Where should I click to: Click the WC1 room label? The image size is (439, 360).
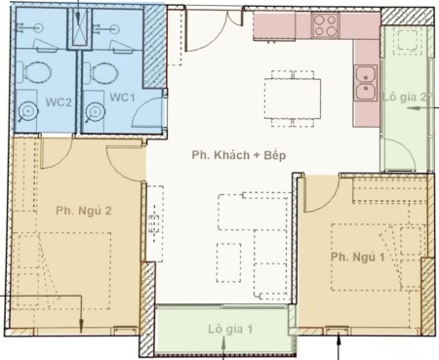point(122,97)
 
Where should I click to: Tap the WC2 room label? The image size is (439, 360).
point(59,102)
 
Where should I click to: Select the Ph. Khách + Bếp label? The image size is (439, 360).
point(239,155)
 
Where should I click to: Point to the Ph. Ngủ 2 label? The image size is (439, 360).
point(84,211)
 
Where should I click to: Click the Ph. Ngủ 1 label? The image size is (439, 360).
point(358,258)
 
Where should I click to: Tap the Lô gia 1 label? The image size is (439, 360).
point(230,329)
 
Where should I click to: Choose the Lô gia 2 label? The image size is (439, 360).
point(404,97)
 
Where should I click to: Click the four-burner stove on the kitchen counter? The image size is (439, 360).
point(325,25)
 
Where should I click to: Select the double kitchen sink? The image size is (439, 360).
point(366,83)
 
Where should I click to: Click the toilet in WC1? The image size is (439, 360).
point(100,72)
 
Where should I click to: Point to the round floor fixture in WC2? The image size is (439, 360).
point(28,111)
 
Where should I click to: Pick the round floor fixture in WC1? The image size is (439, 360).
point(95,112)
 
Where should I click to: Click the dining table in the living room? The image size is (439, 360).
point(293,99)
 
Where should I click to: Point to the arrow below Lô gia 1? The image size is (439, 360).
point(223,348)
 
